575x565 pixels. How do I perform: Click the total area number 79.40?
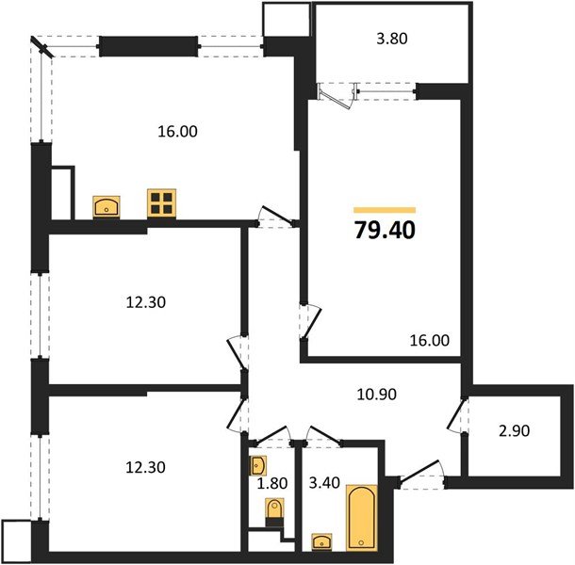(x=384, y=228)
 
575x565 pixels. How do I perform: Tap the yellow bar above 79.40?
(x=384, y=209)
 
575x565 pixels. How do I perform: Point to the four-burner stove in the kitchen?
(x=161, y=204)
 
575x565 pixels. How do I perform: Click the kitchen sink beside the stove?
(x=106, y=206)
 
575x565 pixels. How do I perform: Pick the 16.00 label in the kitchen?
(x=176, y=132)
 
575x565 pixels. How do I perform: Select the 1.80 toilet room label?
(x=272, y=486)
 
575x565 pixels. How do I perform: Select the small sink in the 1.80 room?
(x=260, y=464)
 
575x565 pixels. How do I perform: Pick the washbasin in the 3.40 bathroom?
(x=320, y=541)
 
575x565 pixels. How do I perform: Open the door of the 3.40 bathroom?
(x=325, y=434)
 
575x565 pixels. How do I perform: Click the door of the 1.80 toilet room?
(x=272, y=434)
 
